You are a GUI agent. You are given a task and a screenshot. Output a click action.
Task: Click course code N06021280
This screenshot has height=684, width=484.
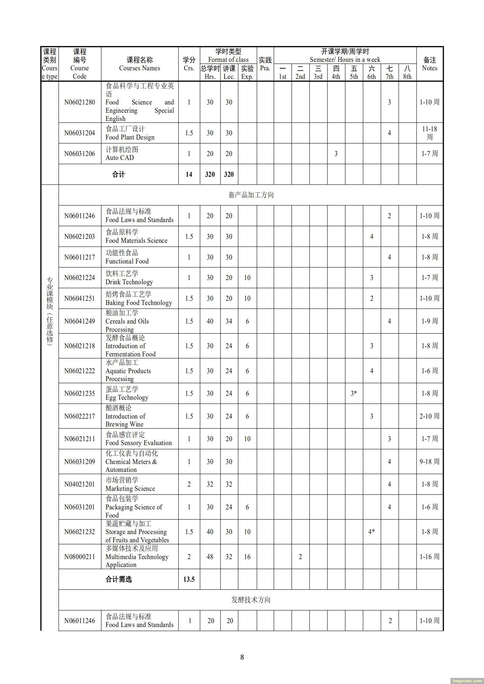79,102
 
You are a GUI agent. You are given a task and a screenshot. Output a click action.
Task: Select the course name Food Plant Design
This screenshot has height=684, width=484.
130,137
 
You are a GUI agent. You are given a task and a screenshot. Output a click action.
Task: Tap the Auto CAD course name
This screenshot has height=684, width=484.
120,158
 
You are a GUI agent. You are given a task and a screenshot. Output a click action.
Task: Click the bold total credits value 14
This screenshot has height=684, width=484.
189,174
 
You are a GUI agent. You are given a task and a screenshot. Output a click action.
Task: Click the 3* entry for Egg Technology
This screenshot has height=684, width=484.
353,393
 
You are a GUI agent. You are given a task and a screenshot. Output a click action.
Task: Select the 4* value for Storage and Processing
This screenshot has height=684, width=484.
371,532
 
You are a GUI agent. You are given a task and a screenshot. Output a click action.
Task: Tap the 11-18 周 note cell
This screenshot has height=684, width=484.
429,133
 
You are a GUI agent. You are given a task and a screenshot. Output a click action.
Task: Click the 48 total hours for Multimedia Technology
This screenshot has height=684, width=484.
210,557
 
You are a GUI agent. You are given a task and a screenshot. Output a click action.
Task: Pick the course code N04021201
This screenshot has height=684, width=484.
79,484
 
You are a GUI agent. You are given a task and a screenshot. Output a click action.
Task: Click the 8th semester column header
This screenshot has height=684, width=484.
407,73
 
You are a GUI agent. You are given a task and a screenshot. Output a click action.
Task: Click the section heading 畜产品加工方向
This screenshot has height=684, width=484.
251,195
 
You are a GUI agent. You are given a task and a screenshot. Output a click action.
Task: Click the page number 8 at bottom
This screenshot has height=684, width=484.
242,657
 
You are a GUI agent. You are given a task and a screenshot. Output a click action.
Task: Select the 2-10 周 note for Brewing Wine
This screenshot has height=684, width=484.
429,416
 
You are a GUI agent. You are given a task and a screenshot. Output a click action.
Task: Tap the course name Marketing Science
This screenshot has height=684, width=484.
130,488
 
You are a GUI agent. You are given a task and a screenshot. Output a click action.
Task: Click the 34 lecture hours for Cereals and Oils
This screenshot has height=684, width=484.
229,321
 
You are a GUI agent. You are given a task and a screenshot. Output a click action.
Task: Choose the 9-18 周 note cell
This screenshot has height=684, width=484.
429,461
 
